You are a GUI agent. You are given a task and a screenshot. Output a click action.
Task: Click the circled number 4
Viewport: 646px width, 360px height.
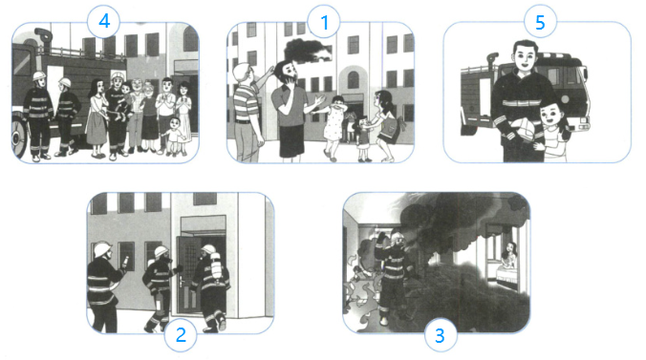103,21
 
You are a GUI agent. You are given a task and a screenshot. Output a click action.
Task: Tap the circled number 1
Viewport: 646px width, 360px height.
324,22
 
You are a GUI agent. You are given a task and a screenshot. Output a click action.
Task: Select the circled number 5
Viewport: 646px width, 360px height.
540,22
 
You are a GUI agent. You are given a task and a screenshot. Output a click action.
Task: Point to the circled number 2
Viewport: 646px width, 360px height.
181,335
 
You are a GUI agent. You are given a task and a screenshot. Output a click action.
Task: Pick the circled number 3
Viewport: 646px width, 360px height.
441,336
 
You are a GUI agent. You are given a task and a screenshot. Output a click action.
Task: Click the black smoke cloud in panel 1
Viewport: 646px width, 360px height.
307,51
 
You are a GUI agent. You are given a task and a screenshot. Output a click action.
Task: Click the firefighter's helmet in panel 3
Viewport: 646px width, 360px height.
398,237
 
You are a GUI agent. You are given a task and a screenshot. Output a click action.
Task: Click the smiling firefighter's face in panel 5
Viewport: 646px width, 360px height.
525,57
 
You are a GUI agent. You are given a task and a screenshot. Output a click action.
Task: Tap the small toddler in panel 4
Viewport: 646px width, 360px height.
174,136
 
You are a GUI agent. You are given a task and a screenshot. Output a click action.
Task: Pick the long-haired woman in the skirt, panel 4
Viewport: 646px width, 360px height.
97,117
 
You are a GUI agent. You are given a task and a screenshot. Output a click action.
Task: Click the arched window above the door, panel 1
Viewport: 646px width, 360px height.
353,79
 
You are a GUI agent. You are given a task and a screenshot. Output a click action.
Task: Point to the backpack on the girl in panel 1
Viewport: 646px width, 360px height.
395,128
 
